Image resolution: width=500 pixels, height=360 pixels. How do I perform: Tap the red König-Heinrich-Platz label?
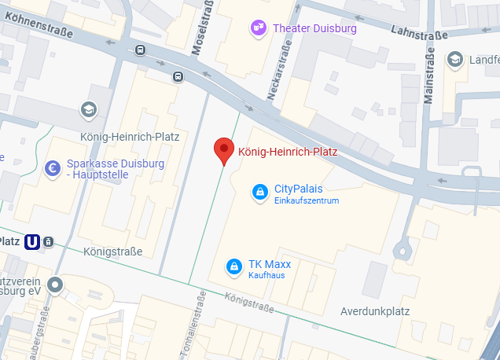288,151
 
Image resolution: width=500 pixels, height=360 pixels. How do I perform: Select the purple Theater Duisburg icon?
257,28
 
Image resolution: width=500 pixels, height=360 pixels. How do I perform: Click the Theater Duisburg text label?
314,28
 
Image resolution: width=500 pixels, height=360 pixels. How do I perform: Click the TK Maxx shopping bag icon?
233,267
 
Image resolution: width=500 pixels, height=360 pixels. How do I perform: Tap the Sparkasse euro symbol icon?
53,168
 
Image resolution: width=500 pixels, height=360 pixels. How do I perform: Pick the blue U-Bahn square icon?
32,241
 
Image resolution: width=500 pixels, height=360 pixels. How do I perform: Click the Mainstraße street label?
428,84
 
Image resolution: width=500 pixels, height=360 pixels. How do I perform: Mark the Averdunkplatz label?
375,311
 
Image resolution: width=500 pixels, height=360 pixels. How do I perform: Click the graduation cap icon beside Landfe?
454,59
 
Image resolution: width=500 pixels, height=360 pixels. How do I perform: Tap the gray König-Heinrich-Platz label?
130,136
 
